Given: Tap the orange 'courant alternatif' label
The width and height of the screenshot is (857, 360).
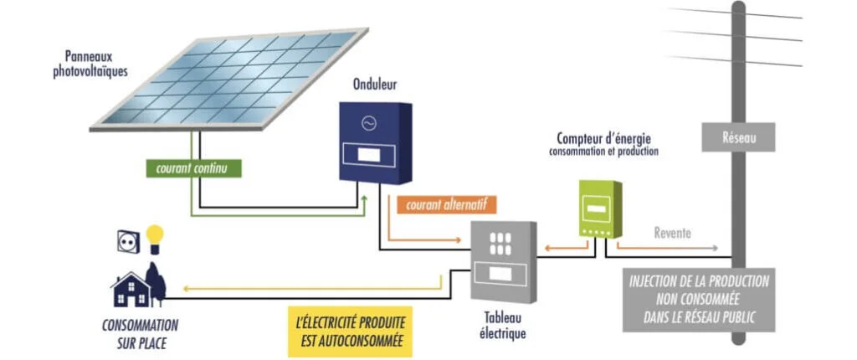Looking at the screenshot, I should point(447,204).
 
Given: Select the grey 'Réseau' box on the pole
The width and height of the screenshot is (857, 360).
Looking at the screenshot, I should point(738,137).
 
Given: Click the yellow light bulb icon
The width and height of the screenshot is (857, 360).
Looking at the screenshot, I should point(154,239).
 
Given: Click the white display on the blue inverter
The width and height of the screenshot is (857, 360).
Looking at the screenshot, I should point(365,155).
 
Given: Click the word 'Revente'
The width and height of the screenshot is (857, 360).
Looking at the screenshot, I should point(672,234).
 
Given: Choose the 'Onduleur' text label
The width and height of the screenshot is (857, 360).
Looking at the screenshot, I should point(375,85).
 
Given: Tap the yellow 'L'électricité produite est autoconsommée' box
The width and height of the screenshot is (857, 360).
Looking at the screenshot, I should point(350,332).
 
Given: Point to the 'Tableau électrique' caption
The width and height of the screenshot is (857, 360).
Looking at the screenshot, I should point(503,327).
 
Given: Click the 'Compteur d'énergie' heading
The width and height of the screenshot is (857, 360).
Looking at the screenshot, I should point(604,137).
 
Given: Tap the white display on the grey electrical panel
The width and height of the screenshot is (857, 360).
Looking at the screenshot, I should point(500,273).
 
